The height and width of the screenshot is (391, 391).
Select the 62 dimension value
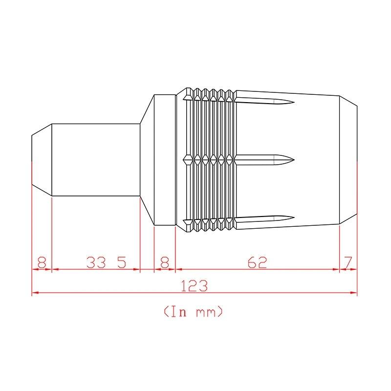[257, 262]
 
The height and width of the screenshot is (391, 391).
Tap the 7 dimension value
[348, 262]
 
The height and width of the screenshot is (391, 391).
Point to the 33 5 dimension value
[106, 262]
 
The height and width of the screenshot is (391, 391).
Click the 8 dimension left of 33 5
[42, 262]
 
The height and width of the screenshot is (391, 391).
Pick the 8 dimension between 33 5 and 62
[165, 262]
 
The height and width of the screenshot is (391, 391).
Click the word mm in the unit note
[205, 311]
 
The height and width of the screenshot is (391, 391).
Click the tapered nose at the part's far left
[42, 159]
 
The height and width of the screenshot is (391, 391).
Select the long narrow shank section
[96, 159]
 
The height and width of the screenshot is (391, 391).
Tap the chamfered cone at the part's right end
[348, 159]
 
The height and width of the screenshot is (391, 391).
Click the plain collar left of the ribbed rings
[165, 159]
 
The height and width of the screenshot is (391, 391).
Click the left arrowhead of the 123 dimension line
[34, 293]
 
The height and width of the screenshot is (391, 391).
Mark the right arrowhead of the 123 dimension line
[355, 293]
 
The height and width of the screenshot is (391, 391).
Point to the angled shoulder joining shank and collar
[147, 159]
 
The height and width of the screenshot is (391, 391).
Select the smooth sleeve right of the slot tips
[318, 159]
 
